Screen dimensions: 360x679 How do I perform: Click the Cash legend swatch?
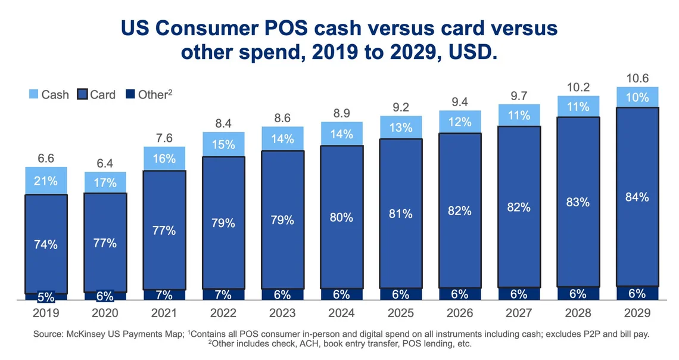tap(33, 94)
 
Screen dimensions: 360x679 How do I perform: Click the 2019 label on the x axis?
tap(46, 312)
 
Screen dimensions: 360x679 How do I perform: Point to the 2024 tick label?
tap(342, 312)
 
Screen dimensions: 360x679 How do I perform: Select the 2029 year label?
tap(637, 312)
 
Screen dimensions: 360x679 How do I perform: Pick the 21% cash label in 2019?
tap(46, 181)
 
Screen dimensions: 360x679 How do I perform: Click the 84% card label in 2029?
tap(637, 197)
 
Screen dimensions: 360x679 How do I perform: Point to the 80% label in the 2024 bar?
tap(342, 217)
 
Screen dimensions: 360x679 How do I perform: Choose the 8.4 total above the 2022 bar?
tap(223, 124)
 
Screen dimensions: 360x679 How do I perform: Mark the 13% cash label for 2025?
tap(401, 128)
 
